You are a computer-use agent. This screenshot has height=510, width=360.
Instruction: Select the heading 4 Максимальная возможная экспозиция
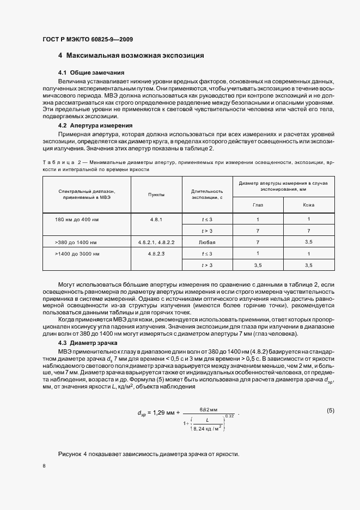pos(131,56)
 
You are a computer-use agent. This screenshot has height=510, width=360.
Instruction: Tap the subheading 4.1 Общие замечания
pos(91,72)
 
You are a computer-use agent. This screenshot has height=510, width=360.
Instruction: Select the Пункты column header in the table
pos(157,195)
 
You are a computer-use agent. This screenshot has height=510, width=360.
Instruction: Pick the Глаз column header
pos(258,205)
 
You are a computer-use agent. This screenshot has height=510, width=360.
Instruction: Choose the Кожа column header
pos(308,205)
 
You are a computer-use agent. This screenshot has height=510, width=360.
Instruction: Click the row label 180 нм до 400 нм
pos(76,219)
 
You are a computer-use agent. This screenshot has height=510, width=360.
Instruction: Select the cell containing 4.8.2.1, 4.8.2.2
pos(157,242)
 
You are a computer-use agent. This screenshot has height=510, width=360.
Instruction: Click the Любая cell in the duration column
pos(207,242)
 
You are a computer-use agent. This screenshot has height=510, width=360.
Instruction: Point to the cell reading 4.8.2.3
pos(157,254)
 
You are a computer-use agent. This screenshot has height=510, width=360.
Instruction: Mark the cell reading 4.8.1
pos(157,219)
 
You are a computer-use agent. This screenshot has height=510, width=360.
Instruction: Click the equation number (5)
pos(330,410)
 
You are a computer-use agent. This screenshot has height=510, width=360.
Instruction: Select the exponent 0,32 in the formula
pos(229,416)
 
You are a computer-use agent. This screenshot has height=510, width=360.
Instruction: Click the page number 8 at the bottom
pos(44,466)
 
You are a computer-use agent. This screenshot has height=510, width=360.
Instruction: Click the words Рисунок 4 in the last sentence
pos(73,454)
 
